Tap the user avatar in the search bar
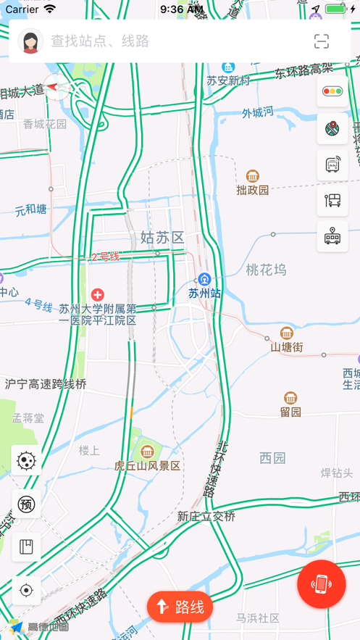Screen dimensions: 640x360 pyautogui.click(x=30, y=41)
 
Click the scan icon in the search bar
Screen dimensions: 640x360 pyautogui.click(x=322, y=41)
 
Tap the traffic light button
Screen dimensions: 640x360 pyautogui.click(x=332, y=91)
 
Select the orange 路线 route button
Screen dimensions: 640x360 pyautogui.click(x=180, y=607)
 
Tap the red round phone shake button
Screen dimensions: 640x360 pyautogui.click(x=322, y=584)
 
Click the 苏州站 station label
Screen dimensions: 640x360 pyautogui.click(x=204, y=293)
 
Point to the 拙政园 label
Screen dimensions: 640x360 pyautogui.click(x=252, y=190)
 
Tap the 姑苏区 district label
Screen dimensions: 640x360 pyautogui.click(x=162, y=237)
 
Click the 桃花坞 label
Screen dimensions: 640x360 pyautogui.click(x=266, y=270)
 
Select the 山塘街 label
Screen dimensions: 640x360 pyautogui.click(x=287, y=347)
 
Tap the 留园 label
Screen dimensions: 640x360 pyautogui.click(x=290, y=412)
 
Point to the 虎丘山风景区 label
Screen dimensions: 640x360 pyautogui.click(x=147, y=465)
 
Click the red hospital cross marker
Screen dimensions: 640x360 pyautogui.click(x=98, y=294)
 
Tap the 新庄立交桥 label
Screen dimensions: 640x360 pyautogui.click(x=206, y=516)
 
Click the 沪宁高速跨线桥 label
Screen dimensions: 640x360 pyautogui.click(x=46, y=384)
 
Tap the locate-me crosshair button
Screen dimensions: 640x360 pyautogui.click(x=26, y=591)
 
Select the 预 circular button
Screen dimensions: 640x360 pyautogui.click(x=26, y=504)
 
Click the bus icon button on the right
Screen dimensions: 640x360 pyautogui.click(x=332, y=236)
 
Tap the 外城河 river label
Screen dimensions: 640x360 pyautogui.click(x=258, y=112)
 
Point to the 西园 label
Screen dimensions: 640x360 pyautogui.click(x=272, y=458)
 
